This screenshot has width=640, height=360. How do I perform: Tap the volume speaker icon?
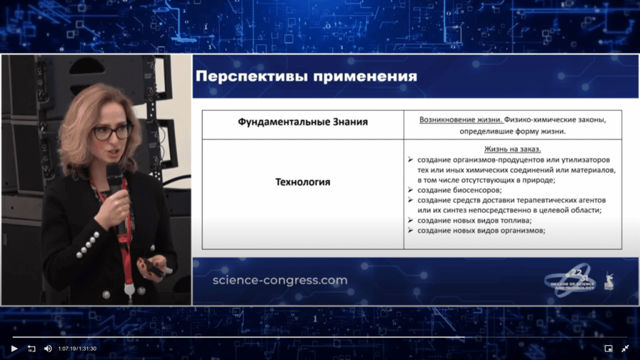(x=47, y=348)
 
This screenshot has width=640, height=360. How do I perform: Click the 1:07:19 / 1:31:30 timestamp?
(x=77, y=349)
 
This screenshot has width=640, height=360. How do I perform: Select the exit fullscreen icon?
(x=625, y=348)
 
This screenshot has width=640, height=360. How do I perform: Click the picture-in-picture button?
(x=608, y=348)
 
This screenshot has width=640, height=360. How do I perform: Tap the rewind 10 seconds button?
(x=31, y=348)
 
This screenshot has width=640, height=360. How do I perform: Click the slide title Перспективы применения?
(x=306, y=77)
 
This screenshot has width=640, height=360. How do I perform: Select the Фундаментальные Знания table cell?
(x=302, y=122)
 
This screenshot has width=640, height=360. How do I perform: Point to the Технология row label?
(x=302, y=182)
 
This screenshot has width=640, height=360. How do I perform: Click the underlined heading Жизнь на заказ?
(x=512, y=149)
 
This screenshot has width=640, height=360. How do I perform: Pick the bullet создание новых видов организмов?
(x=481, y=230)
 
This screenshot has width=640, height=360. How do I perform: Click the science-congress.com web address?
(x=279, y=280)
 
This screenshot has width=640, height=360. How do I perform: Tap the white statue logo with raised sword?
(x=608, y=279)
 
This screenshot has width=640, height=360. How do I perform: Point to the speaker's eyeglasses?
(x=112, y=132)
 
